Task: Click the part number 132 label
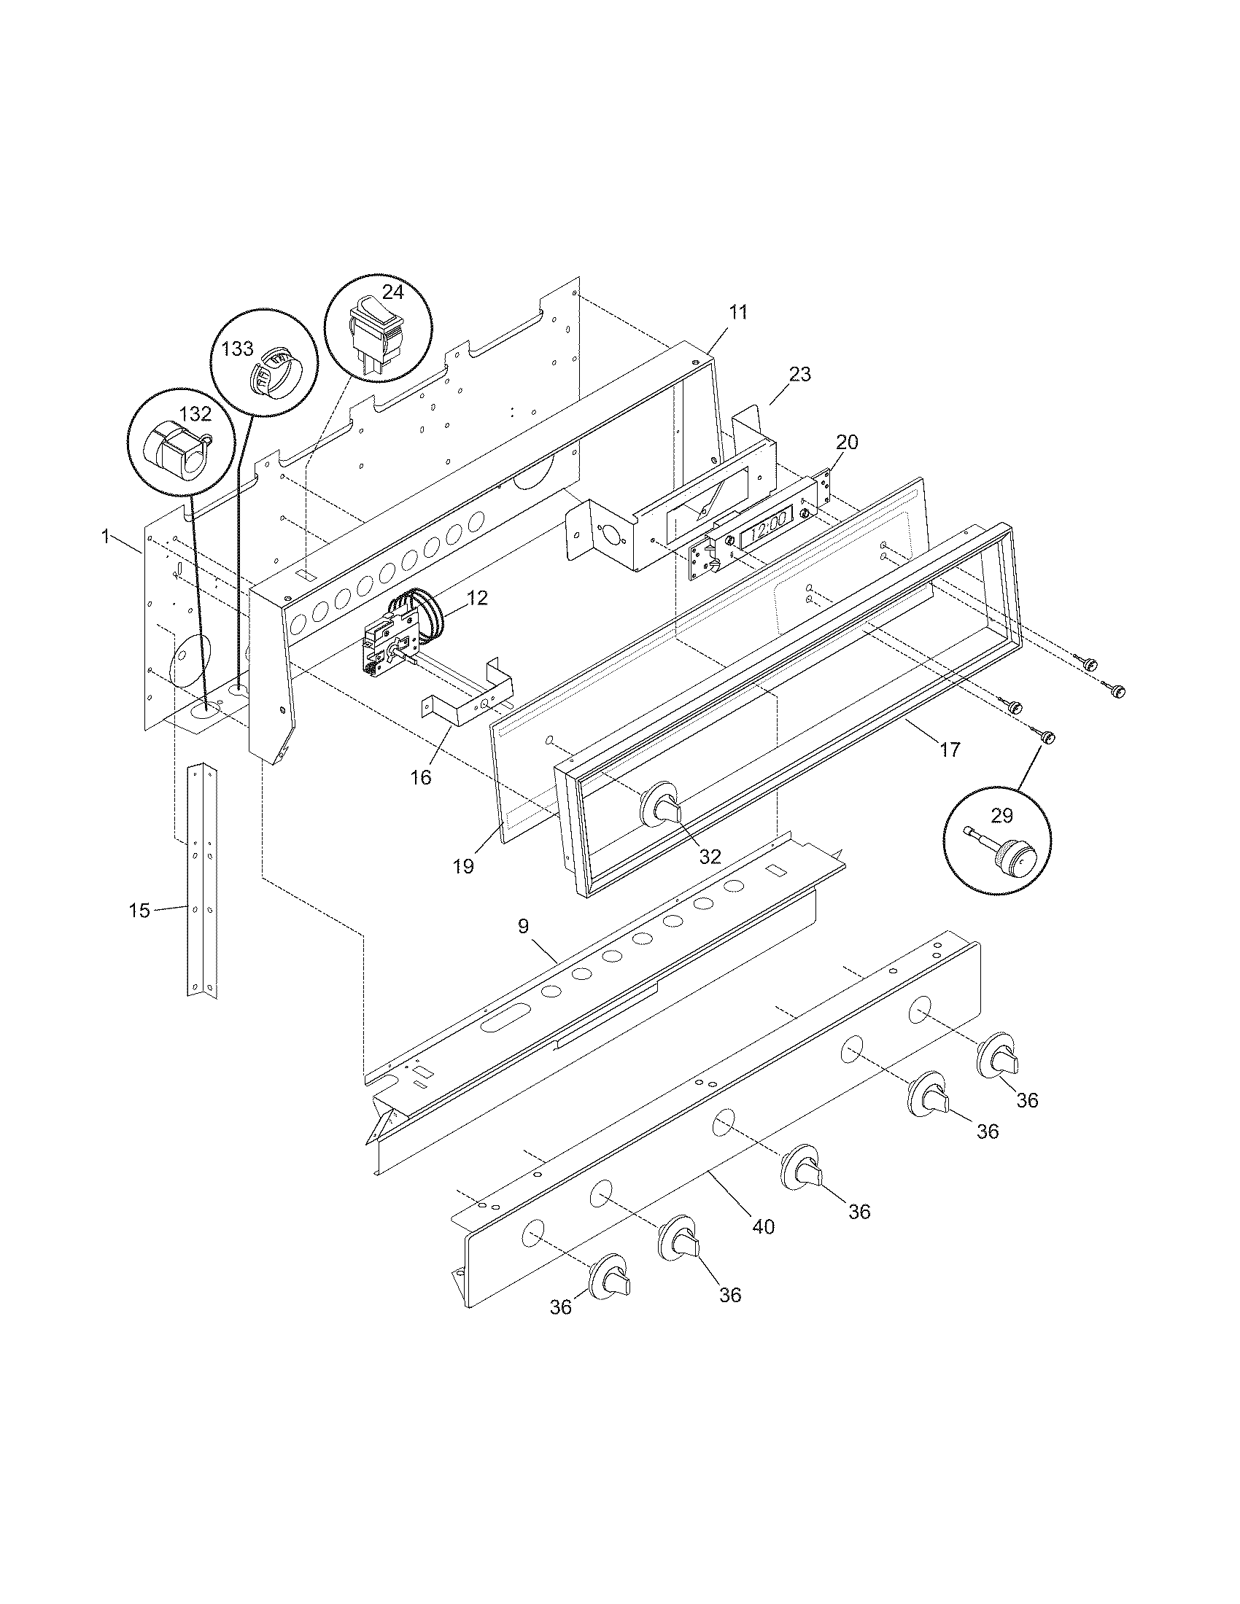tap(195, 414)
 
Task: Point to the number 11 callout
tap(737, 312)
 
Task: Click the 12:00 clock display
tap(767, 537)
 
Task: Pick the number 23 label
tap(799, 375)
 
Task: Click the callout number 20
tap(847, 442)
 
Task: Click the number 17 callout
tap(949, 749)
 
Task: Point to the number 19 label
tap(462, 866)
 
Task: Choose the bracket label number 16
tap(421, 777)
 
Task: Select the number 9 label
tap(522, 926)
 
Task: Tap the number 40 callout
tap(764, 1226)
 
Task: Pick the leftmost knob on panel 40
tap(610, 1279)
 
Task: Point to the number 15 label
tap(139, 911)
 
